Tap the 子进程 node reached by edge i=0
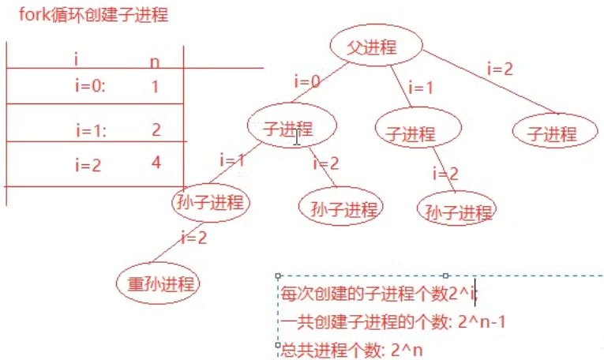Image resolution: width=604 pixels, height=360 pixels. click(x=291, y=129)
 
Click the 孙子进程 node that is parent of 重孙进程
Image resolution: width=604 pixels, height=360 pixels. click(x=210, y=201)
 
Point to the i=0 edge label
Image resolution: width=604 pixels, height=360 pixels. click(x=307, y=81)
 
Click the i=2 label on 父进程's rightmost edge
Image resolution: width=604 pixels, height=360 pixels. click(x=500, y=69)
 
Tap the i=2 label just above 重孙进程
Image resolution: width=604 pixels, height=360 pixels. click(x=195, y=236)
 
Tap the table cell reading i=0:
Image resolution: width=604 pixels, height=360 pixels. click(x=89, y=87)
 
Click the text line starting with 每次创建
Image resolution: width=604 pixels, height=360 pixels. click(x=379, y=294)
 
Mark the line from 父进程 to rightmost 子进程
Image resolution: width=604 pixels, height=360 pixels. click(x=490, y=82)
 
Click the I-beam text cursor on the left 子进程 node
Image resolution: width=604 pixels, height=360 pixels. click(x=297, y=137)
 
